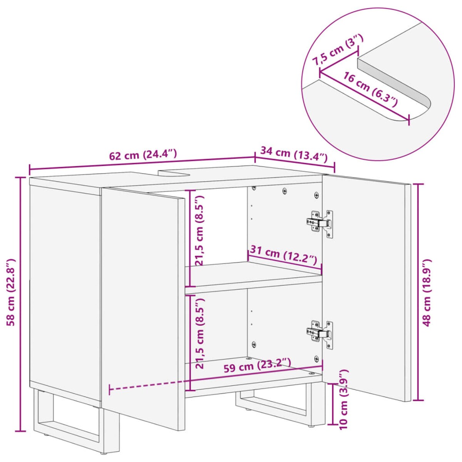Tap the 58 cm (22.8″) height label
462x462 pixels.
click(x=11, y=292)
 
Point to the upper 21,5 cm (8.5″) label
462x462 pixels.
click(x=199, y=230)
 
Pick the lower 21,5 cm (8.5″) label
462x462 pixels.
click(x=199, y=333)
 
